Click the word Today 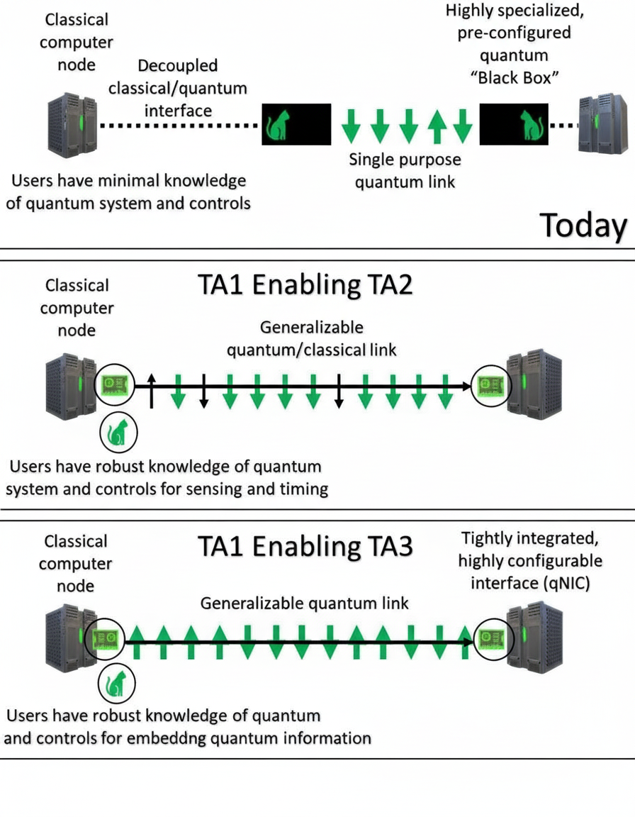[583, 226]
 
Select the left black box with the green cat [296, 124]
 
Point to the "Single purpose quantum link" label [405, 171]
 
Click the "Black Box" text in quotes [515, 78]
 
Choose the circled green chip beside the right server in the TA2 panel [489, 384]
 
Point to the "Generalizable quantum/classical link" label [312, 339]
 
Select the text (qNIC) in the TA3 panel [571, 582]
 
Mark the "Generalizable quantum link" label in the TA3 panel [305, 604]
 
